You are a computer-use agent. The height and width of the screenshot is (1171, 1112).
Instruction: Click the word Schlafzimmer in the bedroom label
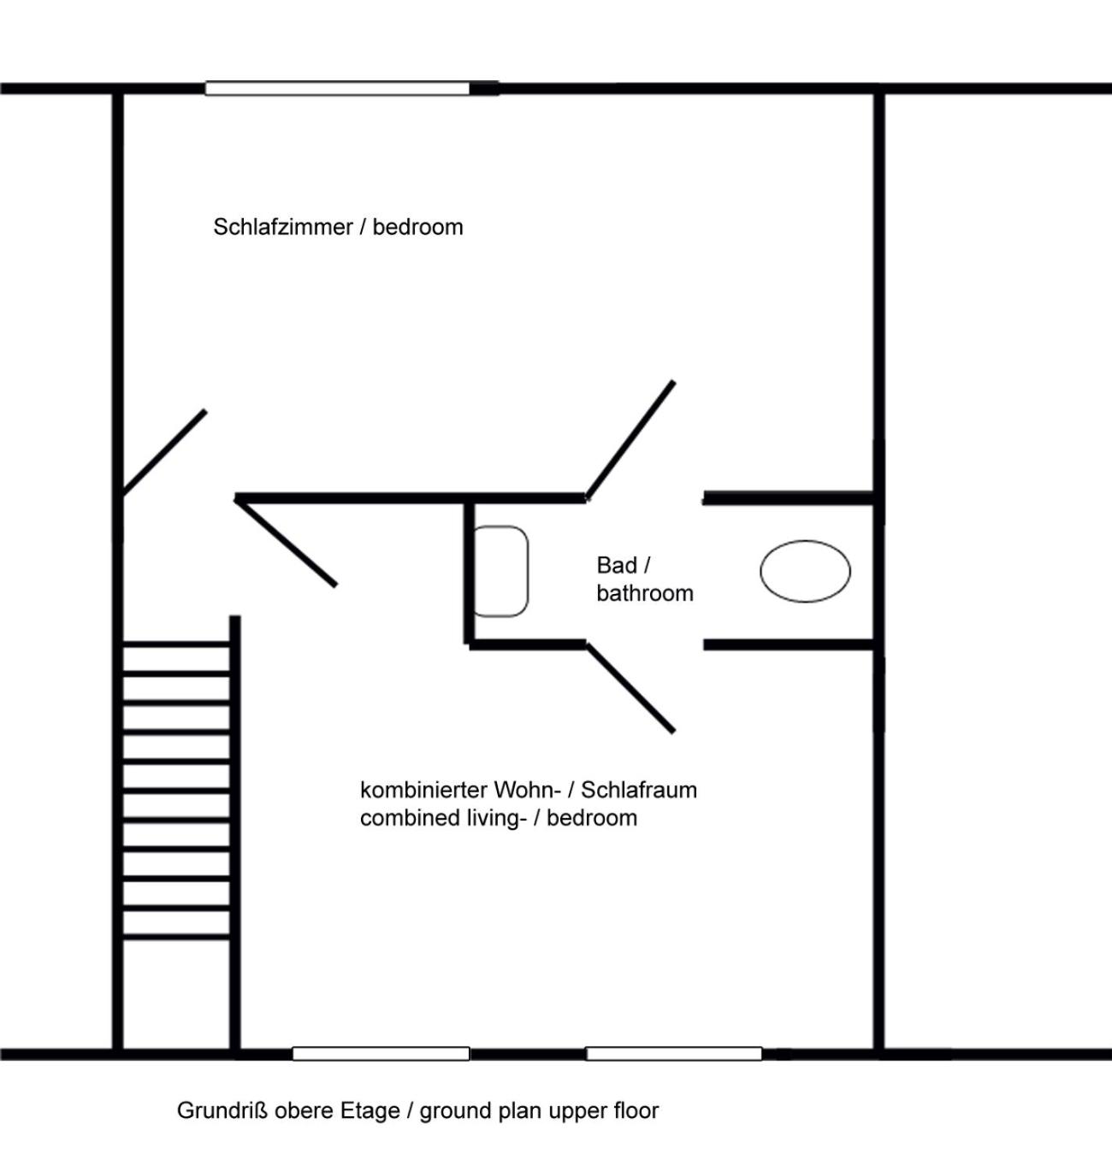click(x=283, y=227)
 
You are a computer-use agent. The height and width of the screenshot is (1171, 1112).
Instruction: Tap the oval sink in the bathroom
click(x=805, y=571)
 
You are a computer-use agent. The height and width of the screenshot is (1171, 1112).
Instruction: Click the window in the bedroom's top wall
click(x=338, y=88)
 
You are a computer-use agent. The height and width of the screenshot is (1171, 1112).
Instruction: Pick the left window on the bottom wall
click(x=381, y=1054)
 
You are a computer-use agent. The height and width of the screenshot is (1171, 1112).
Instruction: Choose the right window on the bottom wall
click(x=674, y=1054)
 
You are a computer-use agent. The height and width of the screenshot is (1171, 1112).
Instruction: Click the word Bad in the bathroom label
click(x=617, y=565)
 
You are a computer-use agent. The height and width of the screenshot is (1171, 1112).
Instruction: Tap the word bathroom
click(x=645, y=593)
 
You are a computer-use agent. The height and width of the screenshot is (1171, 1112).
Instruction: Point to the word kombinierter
click(x=418, y=791)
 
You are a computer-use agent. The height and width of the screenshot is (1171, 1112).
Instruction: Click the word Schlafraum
click(x=639, y=791)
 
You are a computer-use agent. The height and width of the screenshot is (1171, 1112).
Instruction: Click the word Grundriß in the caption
click(x=222, y=1111)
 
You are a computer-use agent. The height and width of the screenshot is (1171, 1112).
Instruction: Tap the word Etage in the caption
click(x=370, y=1112)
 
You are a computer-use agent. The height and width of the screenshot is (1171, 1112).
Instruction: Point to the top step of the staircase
click(x=176, y=644)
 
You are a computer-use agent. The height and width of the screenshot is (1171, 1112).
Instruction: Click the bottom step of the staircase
click(x=176, y=937)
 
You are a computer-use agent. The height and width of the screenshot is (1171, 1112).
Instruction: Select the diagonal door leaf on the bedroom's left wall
click(x=164, y=452)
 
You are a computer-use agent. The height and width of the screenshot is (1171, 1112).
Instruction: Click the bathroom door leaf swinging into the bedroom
click(x=630, y=440)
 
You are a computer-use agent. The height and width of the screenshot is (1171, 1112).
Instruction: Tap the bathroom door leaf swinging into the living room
click(x=630, y=689)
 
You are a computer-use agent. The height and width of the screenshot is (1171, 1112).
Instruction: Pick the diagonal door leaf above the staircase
click(x=286, y=542)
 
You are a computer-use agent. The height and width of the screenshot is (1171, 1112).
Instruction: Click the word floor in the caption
click(x=638, y=1111)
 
